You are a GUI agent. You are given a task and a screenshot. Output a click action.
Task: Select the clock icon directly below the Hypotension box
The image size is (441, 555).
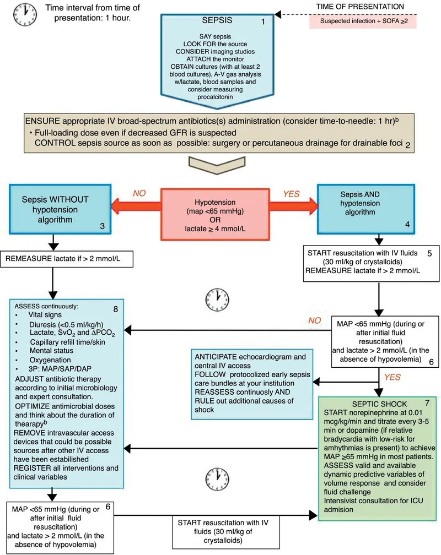pyautogui.click(x=216, y=300)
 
